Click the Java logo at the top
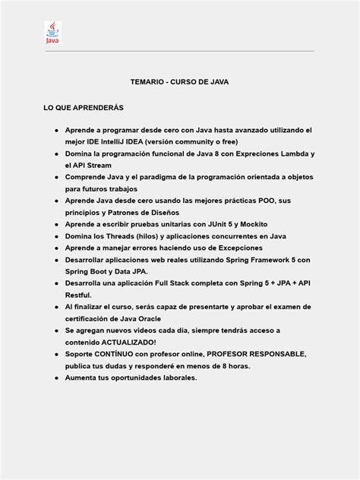coord(52,33)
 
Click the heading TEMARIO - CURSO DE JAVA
coord(179,81)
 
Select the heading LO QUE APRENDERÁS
coord(84,108)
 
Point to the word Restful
coord(78,295)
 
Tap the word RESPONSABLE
coord(271,354)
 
